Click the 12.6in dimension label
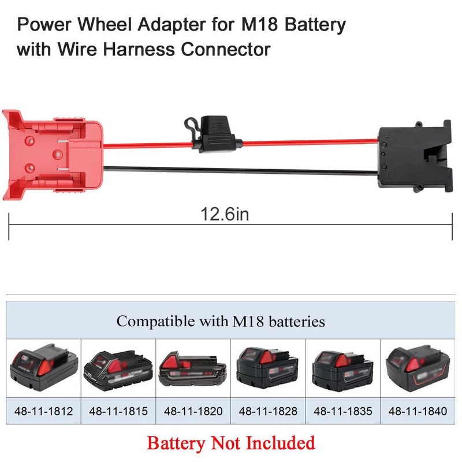pos(225,214)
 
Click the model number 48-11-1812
pos(44,411)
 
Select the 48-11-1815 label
pos(118,411)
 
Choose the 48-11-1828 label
pos(268,411)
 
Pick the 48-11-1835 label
pos(342,411)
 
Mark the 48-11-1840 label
pos(418,411)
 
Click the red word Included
pos(281,443)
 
